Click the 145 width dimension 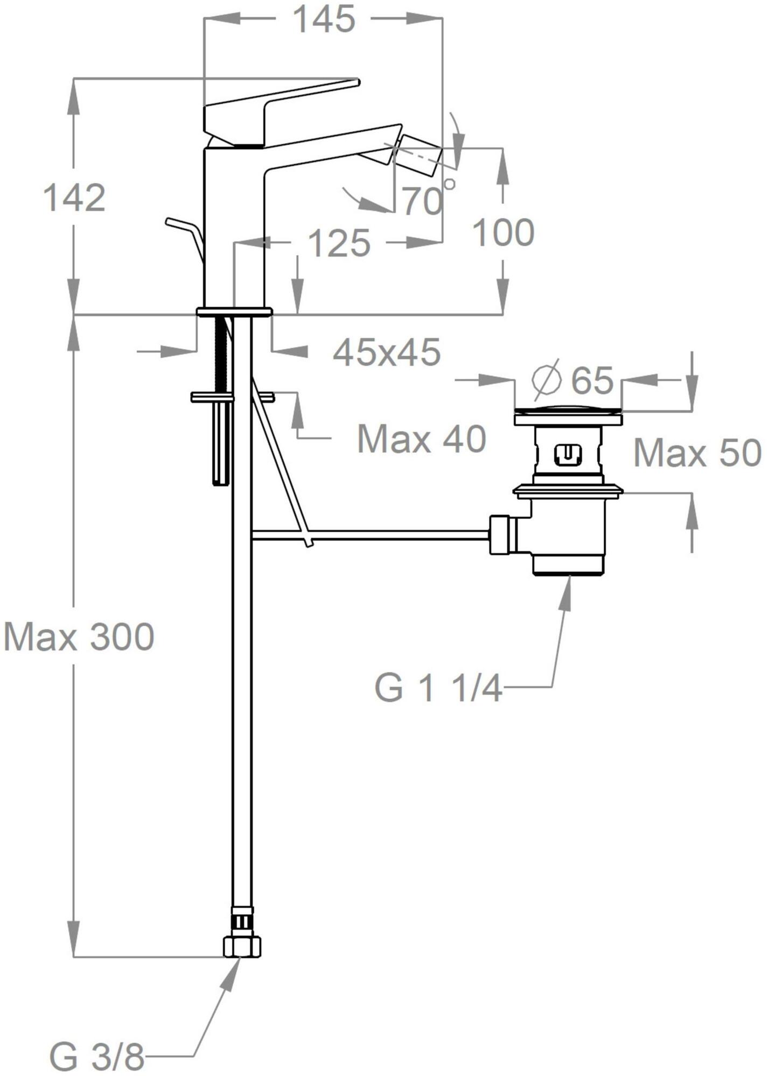pyautogui.click(x=324, y=20)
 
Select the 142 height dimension pyautogui.click(x=74, y=197)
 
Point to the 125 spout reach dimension pyautogui.click(x=339, y=243)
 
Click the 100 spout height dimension pyautogui.click(x=503, y=232)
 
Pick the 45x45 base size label pyautogui.click(x=387, y=352)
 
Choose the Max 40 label pyautogui.click(x=422, y=438)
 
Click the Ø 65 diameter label pyautogui.click(x=572, y=380)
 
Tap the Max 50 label pyautogui.click(x=697, y=452)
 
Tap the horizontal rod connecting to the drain pyautogui.click(x=370, y=534)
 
